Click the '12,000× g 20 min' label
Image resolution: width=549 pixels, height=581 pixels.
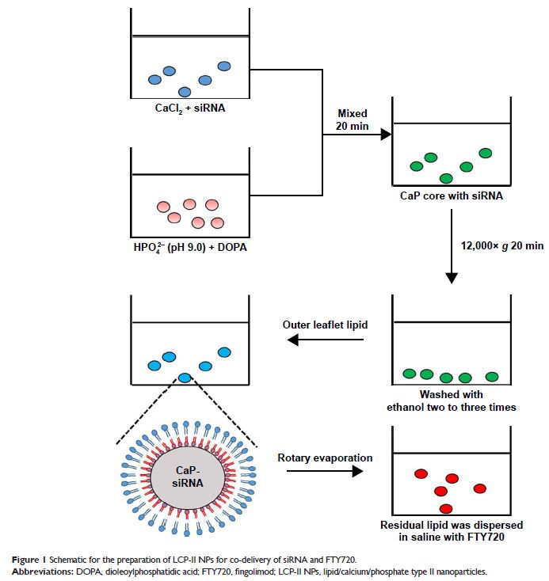pyautogui.click(x=498, y=246)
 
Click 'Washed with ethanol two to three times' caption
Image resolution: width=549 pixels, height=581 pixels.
pyautogui.click(x=451, y=401)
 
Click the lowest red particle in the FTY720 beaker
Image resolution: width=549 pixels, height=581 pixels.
pyautogui.click(x=446, y=508)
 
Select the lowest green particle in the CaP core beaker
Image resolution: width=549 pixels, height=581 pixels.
pyautogui.click(x=446, y=178)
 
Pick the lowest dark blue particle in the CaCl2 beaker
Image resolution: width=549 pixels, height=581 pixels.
pyautogui.click(x=184, y=92)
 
